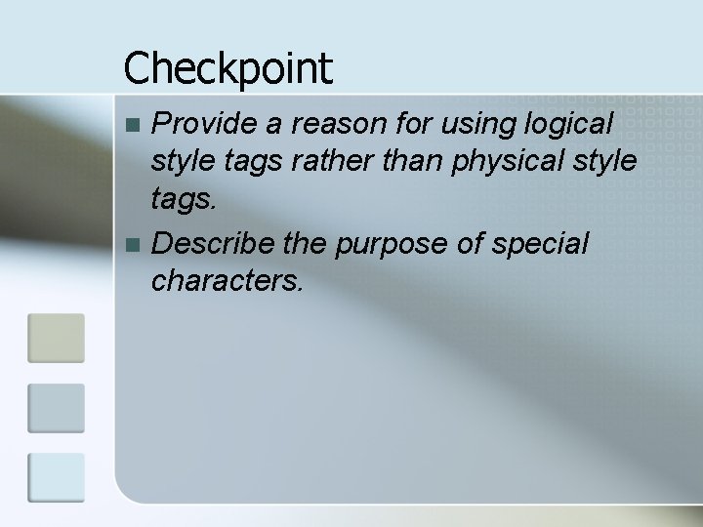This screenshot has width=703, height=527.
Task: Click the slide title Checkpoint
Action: point(227,68)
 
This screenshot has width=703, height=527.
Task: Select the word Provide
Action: point(201,124)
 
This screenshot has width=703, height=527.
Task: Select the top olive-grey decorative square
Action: point(56,338)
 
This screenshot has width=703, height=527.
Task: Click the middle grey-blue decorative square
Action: point(56,407)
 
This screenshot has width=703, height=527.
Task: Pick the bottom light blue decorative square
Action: point(56,476)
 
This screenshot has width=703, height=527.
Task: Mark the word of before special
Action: point(476,243)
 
